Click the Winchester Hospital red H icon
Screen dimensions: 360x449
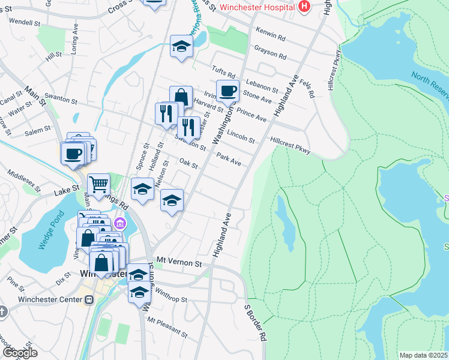point(304,7)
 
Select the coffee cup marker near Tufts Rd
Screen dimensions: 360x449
point(228,91)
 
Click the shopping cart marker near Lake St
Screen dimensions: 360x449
point(99,184)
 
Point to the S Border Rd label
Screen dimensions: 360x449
point(255,323)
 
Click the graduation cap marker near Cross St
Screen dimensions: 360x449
point(180,47)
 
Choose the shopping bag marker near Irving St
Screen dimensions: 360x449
point(181,97)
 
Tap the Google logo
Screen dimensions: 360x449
point(19,353)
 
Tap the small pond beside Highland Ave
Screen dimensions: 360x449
point(284,222)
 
